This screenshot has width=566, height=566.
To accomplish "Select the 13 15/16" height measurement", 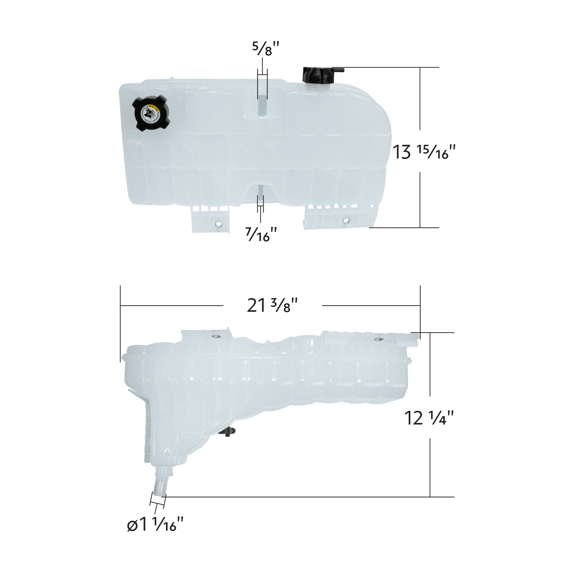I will [x=424, y=152].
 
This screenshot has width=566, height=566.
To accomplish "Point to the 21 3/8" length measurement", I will [x=273, y=306].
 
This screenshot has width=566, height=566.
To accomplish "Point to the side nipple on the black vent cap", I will [x=339, y=70].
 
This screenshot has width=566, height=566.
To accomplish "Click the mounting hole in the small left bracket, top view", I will [x=218, y=224].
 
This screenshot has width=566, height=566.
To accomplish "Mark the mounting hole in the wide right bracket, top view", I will [x=347, y=220].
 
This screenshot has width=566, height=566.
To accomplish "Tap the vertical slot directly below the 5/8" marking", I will [x=262, y=105].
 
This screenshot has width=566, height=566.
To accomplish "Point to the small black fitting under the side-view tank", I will [x=230, y=431].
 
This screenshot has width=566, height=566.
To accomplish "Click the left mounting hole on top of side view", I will [x=216, y=336].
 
